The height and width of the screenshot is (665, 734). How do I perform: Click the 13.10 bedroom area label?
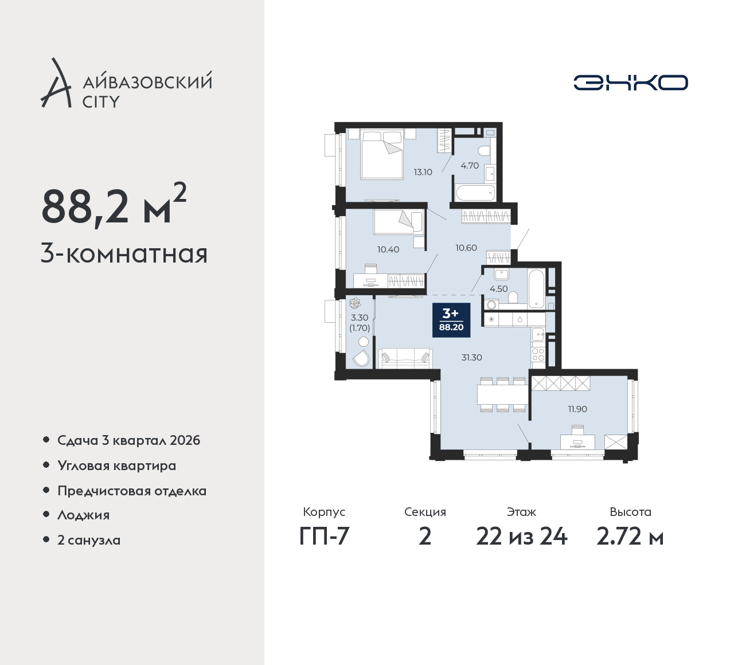tap(423, 172)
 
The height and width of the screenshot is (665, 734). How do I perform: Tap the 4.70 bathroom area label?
tap(470, 166)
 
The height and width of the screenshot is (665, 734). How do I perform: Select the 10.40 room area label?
tap(388, 249)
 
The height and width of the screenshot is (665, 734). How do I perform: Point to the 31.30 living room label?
tap(471, 357)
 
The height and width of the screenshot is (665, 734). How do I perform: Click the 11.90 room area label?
tap(577, 409)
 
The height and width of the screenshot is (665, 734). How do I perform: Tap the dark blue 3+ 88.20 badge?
tap(451, 320)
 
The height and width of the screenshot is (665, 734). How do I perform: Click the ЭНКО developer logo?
tap(631, 83)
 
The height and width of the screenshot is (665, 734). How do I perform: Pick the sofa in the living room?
tap(405, 358)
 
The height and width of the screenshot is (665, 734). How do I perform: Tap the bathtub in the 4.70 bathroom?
tap(475, 193)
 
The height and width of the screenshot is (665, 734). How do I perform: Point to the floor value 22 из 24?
tap(521, 537)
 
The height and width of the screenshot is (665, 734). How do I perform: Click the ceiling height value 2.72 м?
tap(630, 537)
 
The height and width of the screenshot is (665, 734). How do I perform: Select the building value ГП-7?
tap(324, 537)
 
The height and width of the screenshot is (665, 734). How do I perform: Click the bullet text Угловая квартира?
tap(117, 466)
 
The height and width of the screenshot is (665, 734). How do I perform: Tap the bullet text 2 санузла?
tap(89, 540)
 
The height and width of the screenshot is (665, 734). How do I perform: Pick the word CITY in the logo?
tap(101, 102)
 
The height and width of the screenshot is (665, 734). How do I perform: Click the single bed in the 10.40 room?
tap(399, 222)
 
